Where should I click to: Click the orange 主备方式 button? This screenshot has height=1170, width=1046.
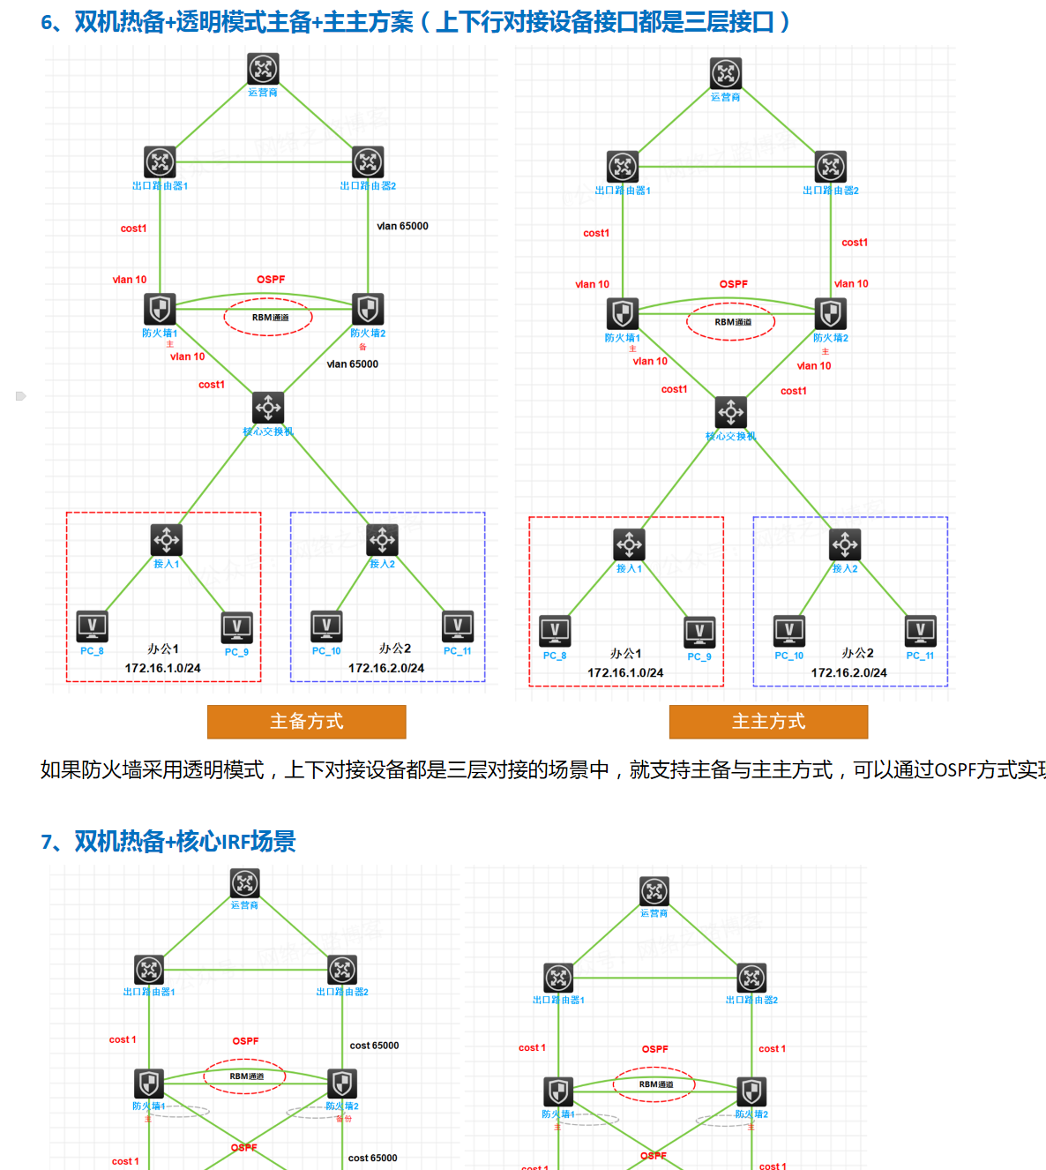tap(306, 722)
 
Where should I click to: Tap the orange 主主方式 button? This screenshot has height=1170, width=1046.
tap(768, 722)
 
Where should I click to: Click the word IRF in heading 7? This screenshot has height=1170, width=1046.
tap(234, 843)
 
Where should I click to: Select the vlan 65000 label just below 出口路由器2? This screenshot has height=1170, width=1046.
tap(402, 226)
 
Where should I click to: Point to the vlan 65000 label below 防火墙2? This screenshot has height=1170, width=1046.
tap(352, 364)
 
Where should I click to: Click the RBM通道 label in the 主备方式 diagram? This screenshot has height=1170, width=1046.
tap(270, 318)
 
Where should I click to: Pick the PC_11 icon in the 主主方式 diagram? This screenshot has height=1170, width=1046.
tap(920, 630)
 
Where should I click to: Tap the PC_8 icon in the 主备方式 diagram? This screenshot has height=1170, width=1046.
tap(92, 626)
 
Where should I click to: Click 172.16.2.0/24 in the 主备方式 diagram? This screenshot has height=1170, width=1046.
tap(385, 668)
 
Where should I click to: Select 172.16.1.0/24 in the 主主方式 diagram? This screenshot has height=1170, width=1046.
tap(625, 672)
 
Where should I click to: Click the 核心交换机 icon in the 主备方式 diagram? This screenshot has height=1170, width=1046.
tap(268, 408)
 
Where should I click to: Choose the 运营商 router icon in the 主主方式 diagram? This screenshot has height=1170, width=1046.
tap(726, 73)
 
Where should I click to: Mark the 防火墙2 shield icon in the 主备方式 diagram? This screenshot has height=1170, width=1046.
tap(368, 310)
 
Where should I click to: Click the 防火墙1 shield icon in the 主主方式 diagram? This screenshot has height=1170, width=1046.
tap(623, 314)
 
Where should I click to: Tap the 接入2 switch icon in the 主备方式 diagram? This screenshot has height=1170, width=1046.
tap(382, 539)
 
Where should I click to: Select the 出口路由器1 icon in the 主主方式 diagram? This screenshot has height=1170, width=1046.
tap(623, 166)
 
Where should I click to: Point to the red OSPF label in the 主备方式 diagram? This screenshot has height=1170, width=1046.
tap(271, 280)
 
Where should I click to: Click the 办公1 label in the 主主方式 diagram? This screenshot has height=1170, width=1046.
tap(625, 654)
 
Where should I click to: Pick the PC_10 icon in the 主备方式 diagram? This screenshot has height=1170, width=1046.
tap(326, 626)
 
